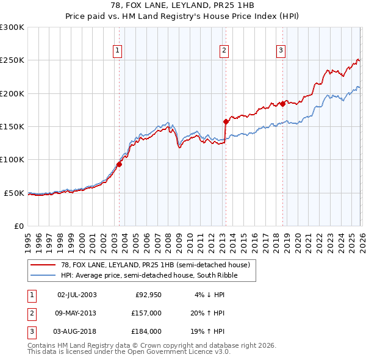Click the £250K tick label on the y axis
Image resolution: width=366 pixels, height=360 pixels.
[12, 60]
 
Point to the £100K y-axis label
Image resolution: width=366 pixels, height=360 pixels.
[12, 159]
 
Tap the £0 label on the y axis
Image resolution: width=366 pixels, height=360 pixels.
[18, 226]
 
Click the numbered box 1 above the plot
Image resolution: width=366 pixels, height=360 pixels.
[117, 51]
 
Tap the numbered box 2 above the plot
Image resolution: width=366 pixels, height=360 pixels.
[224, 51]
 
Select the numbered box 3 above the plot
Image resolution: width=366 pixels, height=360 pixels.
[281, 51]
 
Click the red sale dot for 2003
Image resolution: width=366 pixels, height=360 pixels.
[120, 164]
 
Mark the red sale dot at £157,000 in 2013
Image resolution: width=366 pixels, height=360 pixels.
[226, 121]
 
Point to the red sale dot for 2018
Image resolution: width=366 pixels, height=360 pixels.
[283, 104]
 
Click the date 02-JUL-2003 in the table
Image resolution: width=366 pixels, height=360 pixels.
[77, 295]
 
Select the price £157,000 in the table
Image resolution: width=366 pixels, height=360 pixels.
[146, 313]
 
